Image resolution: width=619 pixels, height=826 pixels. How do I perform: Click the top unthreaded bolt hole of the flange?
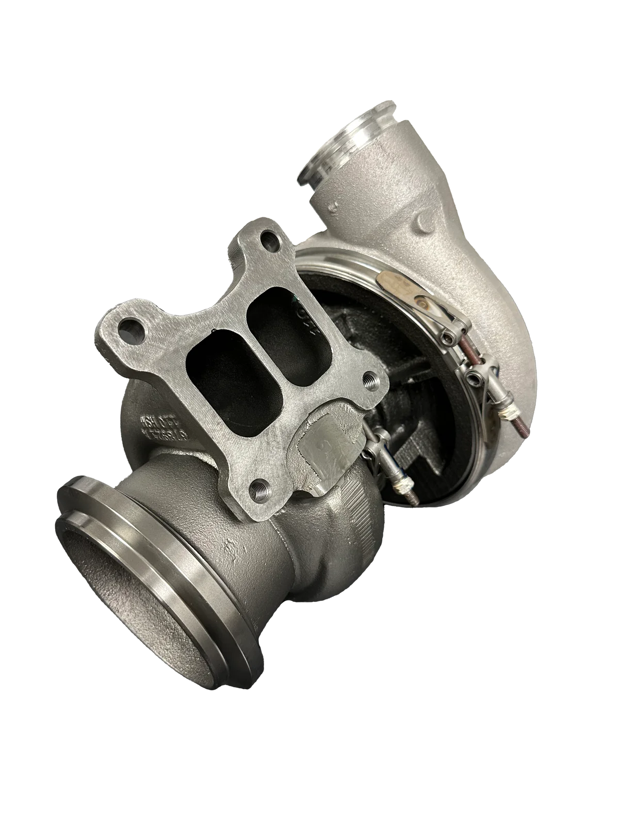(x=267, y=241)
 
